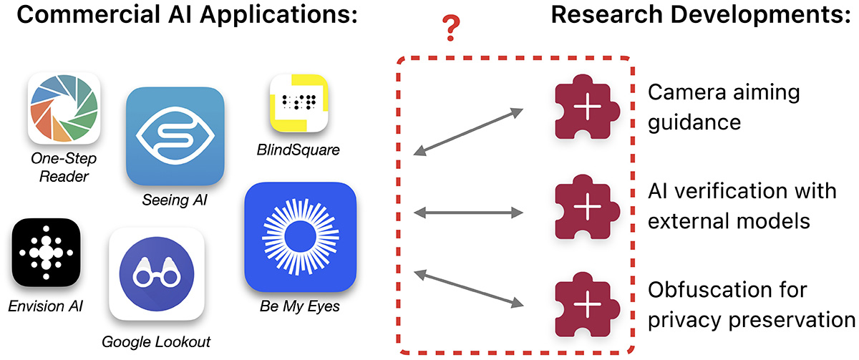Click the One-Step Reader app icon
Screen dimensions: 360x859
[x=64, y=110]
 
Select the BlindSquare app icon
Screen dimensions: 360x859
[x=299, y=105]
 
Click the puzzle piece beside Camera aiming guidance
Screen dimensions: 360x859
[x=586, y=110]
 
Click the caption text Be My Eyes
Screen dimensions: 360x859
[x=300, y=308]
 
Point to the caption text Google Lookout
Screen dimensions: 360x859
[x=156, y=341]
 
